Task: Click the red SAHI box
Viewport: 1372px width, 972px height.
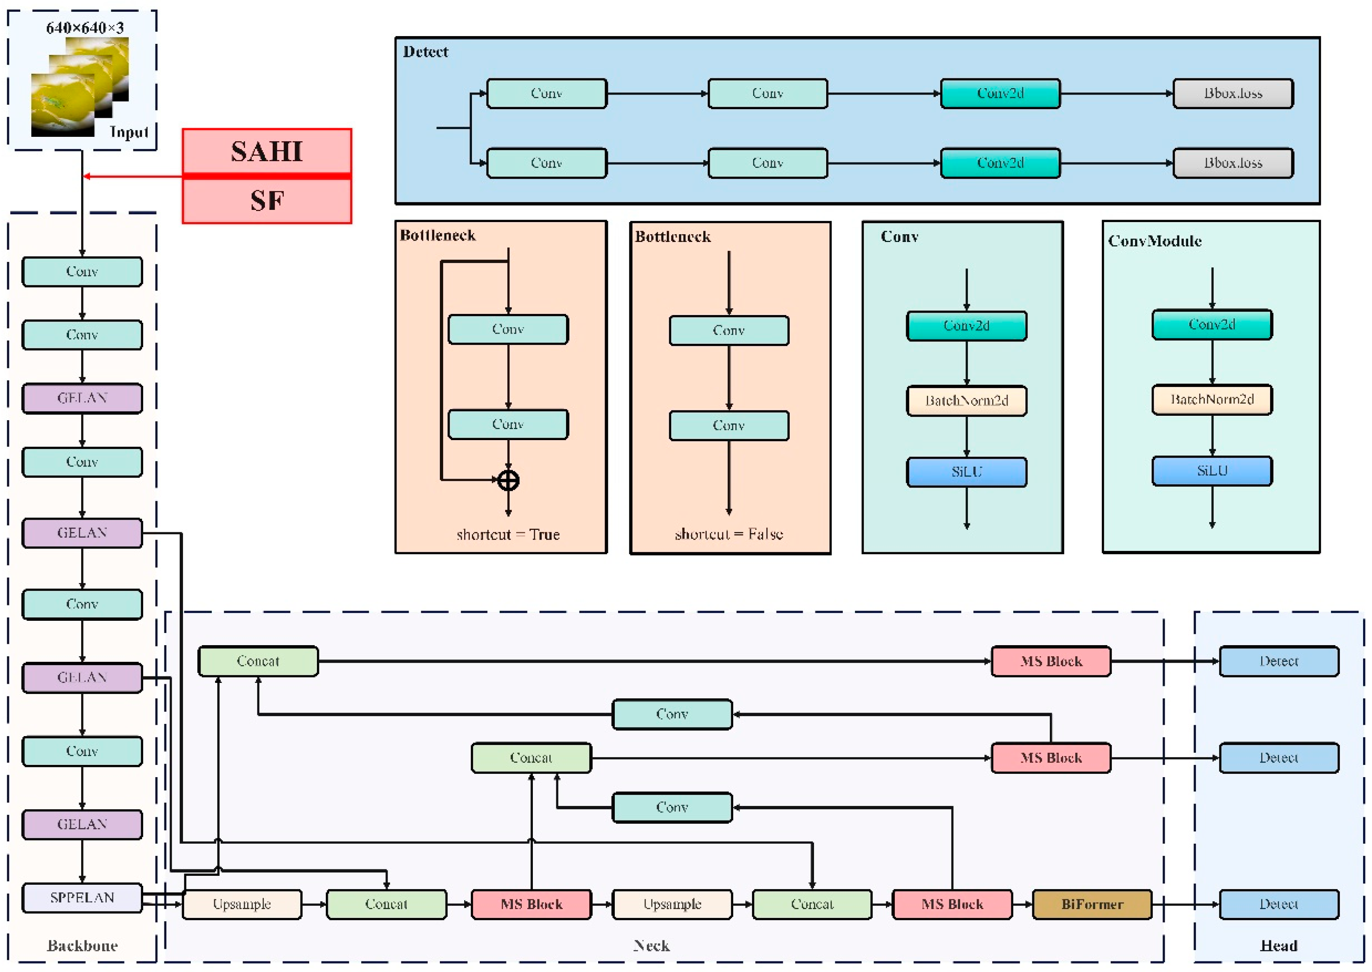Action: pyautogui.click(x=267, y=151)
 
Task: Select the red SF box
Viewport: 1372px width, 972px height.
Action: pyautogui.click(x=267, y=201)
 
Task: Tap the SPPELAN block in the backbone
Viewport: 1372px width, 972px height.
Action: pyautogui.click(x=82, y=897)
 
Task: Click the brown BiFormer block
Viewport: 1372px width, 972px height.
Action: pyautogui.click(x=1092, y=904)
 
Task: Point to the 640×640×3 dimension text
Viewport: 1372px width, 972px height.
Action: pyautogui.click(x=85, y=28)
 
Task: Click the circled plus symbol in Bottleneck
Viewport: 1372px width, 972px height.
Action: pyautogui.click(x=508, y=480)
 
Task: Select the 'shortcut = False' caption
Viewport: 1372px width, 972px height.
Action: pyautogui.click(x=728, y=534)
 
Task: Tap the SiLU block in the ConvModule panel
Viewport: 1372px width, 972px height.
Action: pyautogui.click(x=1212, y=471)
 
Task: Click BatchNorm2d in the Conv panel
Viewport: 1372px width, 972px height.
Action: pyautogui.click(x=967, y=400)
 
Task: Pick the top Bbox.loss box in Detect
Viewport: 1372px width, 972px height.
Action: pyautogui.click(x=1233, y=93)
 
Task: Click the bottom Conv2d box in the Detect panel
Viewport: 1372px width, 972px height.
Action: pyautogui.click(x=1000, y=163)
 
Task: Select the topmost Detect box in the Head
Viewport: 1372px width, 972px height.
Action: pyautogui.click(x=1279, y=661)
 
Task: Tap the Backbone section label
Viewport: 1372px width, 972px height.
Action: pyautogui.click(x=82, y=946)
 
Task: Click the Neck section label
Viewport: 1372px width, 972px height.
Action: pyautogui.click(x=651, y=946)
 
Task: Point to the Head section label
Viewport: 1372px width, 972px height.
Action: pyautogui.click(x=1279, y=946)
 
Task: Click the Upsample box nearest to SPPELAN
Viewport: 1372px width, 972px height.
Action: pyautogui.click(x=241, y=904)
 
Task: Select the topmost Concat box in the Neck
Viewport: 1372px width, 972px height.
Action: pyautogui.click(x=258, y=661)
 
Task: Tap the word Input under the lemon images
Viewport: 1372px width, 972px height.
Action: pyautogui.click(x=129, y=132)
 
